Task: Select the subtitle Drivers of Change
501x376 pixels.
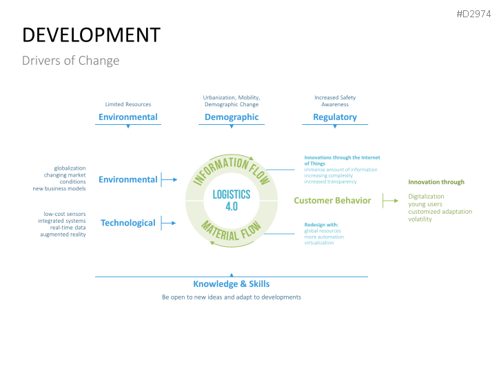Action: pyautogui.click(x=70, y=61)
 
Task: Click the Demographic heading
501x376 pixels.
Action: pyautogui.click(x=232, y=117)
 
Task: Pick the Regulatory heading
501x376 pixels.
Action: pyautogui.click(x=335, y=117)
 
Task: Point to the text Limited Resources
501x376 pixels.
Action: pyautogui.click(x=127, y=104)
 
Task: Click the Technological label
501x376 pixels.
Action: pyautogui.click(x=128, y=223)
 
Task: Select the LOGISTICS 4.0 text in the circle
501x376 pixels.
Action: pyautogui.click(x=232, y=200)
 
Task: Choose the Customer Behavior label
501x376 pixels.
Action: pyautogui.click(x=332, y=201)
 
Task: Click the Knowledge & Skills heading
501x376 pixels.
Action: pyautogui.click(x=232, y=284)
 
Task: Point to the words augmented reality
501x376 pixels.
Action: pyautogui.click(x=63, y=235)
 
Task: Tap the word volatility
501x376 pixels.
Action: pyautogui.click(x=420, y=219)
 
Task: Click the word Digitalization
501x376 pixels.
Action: pyautogui.click(x=426, y=197)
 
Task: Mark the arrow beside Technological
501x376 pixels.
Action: pyautogui.click(x=169, y=223)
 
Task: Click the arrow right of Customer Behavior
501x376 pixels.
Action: pyautogui.click(x=391, y=201)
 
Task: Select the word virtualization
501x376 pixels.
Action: pyautogui.click(x=319, y=243)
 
